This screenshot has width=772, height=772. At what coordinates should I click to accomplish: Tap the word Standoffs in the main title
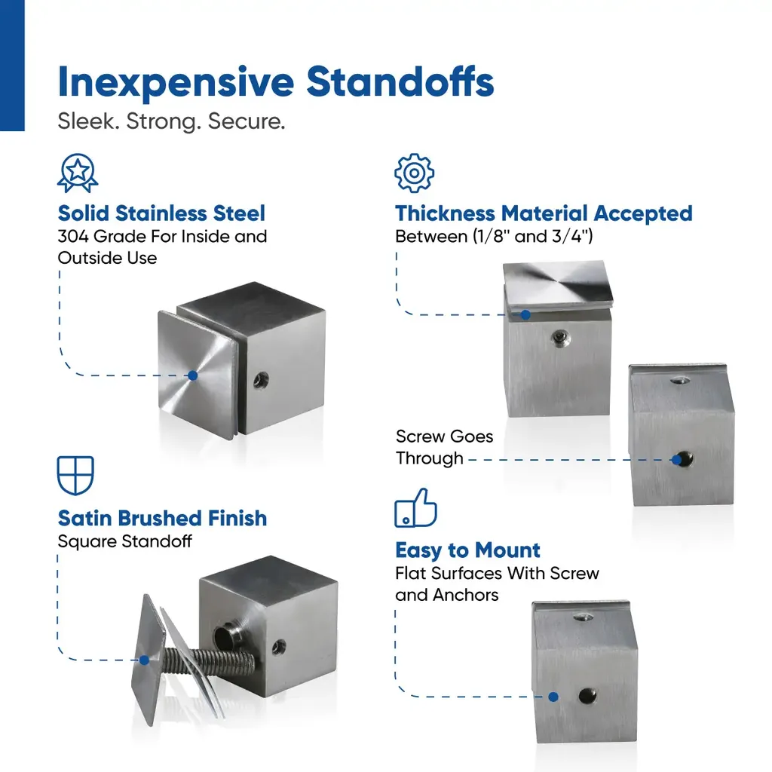tap(400, 81)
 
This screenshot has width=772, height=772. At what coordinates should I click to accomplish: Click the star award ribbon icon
tap(78, 173)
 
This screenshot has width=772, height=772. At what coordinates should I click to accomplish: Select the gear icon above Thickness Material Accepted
tap(414, 173)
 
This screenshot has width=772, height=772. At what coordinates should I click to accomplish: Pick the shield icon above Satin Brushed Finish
tap(75, 475)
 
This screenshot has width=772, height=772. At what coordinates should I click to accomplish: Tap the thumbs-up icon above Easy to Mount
tap(415, 507)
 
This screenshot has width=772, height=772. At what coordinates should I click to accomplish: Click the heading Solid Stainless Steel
tap(161, 213)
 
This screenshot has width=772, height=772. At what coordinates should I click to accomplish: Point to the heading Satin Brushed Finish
tap(163, 519)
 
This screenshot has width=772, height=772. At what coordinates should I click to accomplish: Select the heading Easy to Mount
tap(467, 550)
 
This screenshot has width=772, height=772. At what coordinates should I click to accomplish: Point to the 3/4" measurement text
tap(567, 236)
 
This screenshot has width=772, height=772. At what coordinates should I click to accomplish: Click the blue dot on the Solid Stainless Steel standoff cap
tap(193, 375)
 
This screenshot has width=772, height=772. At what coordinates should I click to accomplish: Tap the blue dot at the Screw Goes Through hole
tap(676, 460)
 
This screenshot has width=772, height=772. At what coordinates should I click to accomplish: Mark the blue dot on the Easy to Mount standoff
tap(553, 697)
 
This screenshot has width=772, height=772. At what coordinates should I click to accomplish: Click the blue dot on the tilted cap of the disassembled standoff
tap(144, 660)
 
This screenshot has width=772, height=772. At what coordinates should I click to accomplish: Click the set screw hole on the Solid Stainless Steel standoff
tap(261, 380)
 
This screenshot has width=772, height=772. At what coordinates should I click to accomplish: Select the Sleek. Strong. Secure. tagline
tap(171, 121)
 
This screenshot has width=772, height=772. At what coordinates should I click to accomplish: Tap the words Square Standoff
tap(124, 541)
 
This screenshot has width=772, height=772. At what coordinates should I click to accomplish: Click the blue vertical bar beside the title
tap(12, 66)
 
